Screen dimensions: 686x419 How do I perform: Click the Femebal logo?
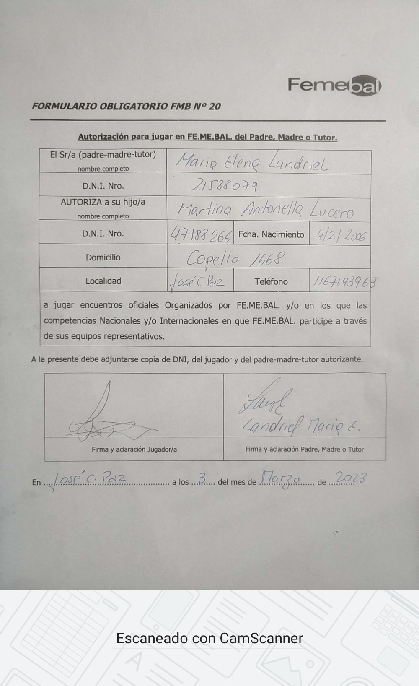(x=334, y=86)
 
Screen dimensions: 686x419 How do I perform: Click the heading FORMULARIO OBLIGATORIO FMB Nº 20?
(x=126, y=106)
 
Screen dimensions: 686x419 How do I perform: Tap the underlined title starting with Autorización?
(x=207, y=137)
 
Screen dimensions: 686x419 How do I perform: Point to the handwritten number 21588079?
(x=224, y=186)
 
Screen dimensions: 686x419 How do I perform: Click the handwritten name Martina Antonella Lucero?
(x=265, y=210)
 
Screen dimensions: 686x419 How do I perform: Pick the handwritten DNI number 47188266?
(x=200, y=235)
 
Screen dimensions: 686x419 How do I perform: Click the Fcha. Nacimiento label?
(x=271, y=234)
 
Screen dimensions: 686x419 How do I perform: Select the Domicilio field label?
(x=103, y=257)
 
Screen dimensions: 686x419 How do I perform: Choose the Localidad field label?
(x=103, y=281)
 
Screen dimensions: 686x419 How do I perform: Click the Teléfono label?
(x=271, y=281)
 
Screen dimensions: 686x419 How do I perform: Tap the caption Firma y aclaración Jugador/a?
(x=134, y=449)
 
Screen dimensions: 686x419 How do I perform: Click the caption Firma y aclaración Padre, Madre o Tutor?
(x=304, y=449)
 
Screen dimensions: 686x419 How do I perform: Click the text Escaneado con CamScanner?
(x=209, y=638)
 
